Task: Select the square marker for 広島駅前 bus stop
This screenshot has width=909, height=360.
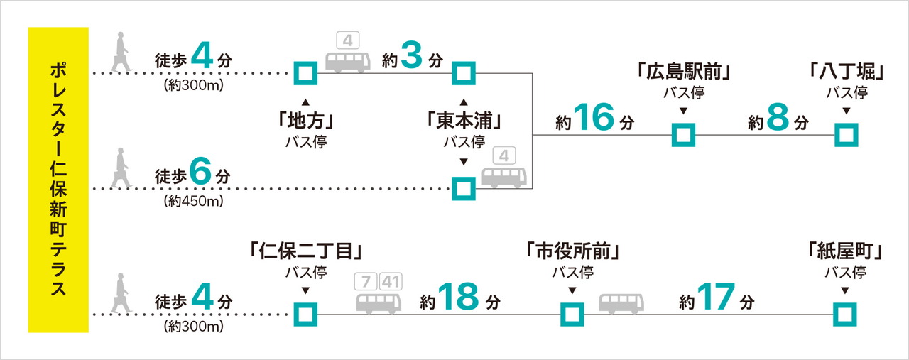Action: pyautogui.click(x=684, y=134)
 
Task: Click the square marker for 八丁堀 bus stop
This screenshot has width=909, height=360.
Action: pyautogui.click(x=846, y=134)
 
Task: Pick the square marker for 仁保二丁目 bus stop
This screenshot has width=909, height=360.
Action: pyautogui.click(x=305, y=313)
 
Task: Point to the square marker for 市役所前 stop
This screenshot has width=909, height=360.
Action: pyautogui.click(x=572, y=313)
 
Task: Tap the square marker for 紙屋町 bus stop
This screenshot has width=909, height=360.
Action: pyautogui.click(x=844, y=313)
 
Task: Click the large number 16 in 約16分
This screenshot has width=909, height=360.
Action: pyautogui.click(x=594, y=119)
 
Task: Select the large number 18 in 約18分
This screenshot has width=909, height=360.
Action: pyautogui.click(x=459, y=297)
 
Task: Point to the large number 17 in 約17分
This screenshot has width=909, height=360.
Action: pyautogui.click(x=714, y=297)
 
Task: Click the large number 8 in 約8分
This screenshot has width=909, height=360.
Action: pyautogui.click(x=778, y=119)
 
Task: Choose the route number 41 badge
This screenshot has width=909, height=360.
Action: pyautogui.click(x=391, y=280)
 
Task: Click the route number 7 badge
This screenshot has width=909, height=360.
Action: pyautogui.click(x=365, y=280)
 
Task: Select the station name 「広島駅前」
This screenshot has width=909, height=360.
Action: pyautogui.click(x=684, y=72)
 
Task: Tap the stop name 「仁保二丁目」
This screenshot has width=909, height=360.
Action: pyautogui.click(x=306, y=251)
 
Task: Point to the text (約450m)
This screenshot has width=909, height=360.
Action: pyautogui.click(x=193, y=201)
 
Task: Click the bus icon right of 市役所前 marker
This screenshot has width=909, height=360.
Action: pyautogui.click(x=621, y=303)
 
